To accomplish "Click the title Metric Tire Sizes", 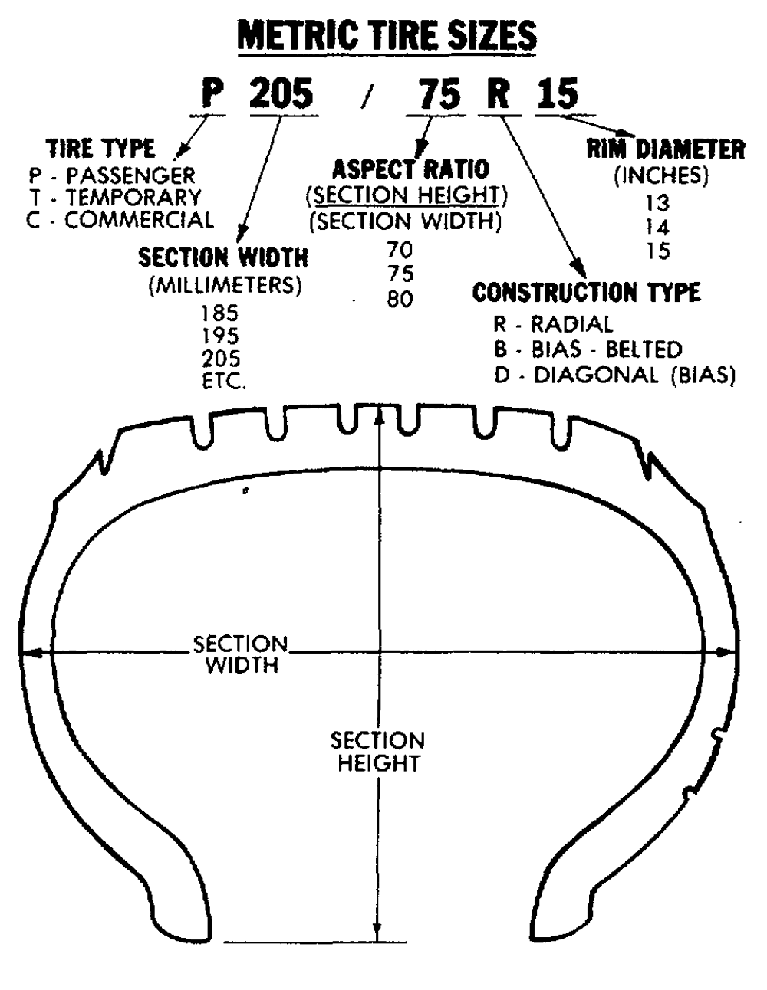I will tap(387, 35).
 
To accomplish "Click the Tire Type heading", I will tap(100, 148).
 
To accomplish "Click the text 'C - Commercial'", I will tap(120, 221).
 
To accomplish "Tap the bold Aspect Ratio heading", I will tap(410, 169).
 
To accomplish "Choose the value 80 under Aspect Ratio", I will tap(400, 299).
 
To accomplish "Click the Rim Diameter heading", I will tap(665, 149).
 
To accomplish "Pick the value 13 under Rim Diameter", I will tap(657, 204).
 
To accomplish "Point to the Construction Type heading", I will tap(586, 292).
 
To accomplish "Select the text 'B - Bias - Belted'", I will tap(588, 350).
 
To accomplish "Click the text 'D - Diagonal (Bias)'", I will tap(614, 375).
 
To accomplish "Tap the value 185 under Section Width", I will tap(220, 313).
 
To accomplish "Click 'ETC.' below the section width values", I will tap(224, 381).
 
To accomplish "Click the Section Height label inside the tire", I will tap(377, 752).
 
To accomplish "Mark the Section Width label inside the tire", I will tap(241, 654).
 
